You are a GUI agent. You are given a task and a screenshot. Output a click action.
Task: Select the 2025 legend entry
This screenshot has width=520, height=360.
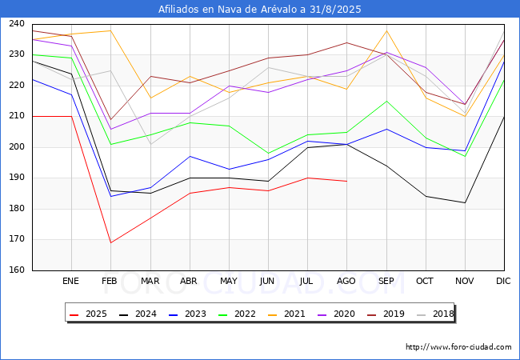coord(88,314)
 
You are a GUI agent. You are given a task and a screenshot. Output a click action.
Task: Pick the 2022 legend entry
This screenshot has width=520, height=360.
coord(237,314)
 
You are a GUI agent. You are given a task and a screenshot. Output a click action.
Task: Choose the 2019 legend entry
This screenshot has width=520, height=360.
coord(386,314)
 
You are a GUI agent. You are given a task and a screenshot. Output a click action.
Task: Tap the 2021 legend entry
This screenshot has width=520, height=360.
coord(286,314)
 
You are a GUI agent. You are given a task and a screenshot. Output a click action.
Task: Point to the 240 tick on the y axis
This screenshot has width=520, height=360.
coord(17,23)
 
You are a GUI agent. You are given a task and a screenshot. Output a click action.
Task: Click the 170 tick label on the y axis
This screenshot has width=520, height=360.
coord(17,239)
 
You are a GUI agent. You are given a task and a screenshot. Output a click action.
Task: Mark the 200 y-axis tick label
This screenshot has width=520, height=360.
coord(17,147)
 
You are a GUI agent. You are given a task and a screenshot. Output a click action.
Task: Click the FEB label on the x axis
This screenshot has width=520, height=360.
coord(110,281)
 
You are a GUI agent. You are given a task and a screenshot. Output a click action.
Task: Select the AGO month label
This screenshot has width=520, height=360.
coord(346,281)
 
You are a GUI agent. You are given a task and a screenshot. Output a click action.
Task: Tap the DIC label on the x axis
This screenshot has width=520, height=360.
coord(503,281)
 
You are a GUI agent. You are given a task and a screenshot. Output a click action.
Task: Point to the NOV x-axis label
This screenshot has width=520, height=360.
coord(464,281)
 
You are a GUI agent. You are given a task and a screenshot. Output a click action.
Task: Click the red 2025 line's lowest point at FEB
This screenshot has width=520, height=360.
coord(110,242)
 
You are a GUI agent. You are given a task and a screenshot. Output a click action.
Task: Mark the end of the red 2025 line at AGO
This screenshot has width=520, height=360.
coord(347,182)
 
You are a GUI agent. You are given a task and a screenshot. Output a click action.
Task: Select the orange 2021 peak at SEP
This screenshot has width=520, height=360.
coord(386,30)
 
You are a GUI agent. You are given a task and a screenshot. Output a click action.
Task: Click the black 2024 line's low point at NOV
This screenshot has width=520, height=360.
coord(465,202)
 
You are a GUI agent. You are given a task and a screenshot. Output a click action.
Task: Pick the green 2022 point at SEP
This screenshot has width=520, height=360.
coord(386,101)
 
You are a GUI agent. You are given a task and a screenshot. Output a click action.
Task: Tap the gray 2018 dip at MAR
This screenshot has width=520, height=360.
coord(151,144)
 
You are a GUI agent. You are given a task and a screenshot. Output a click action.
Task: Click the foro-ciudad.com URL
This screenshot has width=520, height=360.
coord(458,347)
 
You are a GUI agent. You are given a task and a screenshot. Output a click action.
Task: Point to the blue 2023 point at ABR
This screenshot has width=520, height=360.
coord(190,156)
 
